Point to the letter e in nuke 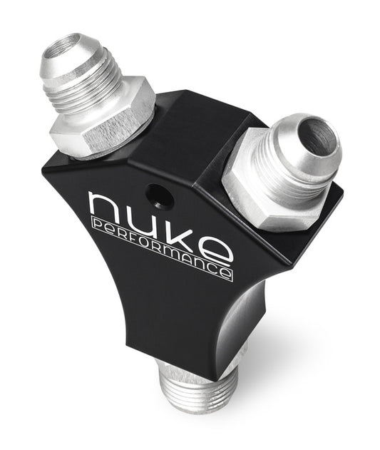point(216,250)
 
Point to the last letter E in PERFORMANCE point(226,273)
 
